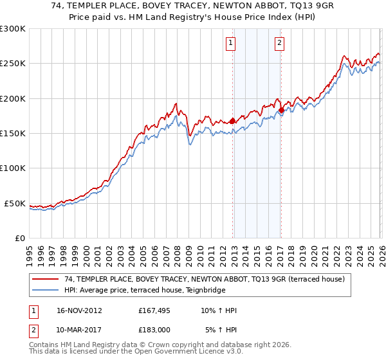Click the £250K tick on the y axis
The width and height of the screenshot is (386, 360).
[x=13, y=64]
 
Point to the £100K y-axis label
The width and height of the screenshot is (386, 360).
[x=13, y=168]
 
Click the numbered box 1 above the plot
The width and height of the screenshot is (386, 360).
[x=230, y=44]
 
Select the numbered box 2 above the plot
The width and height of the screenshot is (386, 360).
[x=280, y=44]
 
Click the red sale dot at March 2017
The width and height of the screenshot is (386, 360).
[x=281, y=110]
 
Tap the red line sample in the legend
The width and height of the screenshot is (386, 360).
[x=46, y=279]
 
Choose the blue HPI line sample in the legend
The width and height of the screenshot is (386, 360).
[x=46, y=290]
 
